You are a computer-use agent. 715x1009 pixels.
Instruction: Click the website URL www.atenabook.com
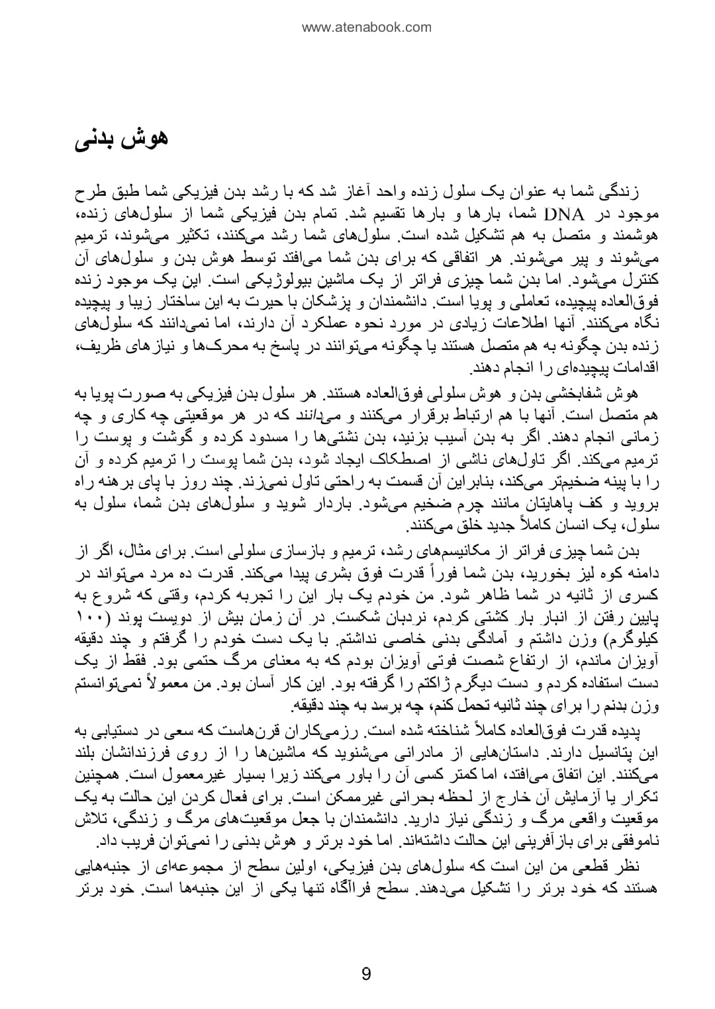(x=366, y=27)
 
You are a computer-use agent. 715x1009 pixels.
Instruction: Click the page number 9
(x=366, y=974)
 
